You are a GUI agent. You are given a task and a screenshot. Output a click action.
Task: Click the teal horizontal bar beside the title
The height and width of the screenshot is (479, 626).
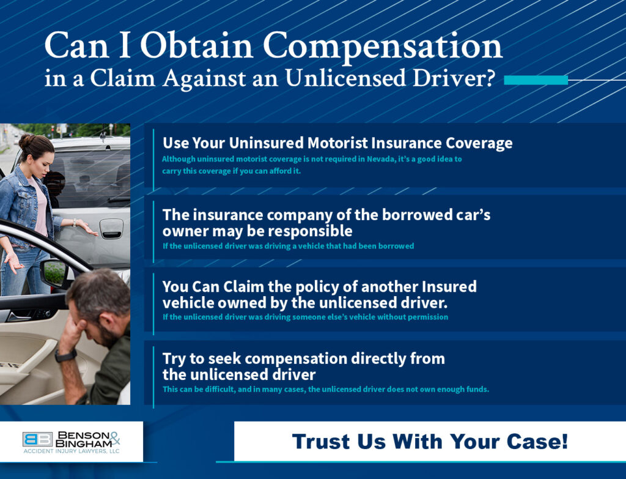536,80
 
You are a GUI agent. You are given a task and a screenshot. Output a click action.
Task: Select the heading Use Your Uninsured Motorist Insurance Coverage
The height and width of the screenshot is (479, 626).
337,143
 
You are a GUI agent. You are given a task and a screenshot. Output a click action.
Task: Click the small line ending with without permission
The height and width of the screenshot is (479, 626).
305,317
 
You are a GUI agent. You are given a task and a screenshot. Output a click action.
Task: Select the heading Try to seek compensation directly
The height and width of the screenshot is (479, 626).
303,358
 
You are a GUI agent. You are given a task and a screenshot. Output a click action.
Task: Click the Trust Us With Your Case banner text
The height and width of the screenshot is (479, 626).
430,441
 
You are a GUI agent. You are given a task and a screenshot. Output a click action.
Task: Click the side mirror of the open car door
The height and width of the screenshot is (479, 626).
56,273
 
